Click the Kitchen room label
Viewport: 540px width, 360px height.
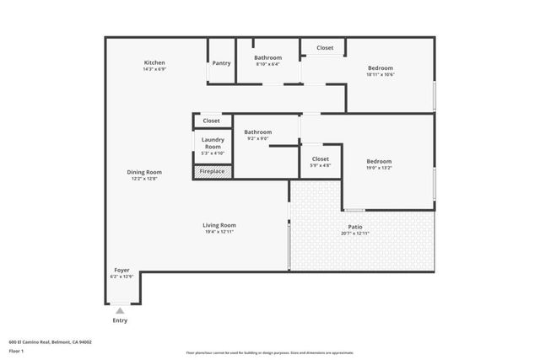pos(154,62)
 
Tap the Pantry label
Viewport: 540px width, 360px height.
pos(221,62)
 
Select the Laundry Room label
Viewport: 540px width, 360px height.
pos(212,142)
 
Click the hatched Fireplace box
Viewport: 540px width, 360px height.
pos(212,171)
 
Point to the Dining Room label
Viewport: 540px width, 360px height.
pos(145,172)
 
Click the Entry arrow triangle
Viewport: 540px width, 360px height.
pos(120,311)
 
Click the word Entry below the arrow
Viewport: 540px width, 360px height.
pos(120,320)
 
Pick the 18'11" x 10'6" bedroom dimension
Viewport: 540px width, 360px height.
pos(380,75)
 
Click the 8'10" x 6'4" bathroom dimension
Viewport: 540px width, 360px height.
pos(267,64)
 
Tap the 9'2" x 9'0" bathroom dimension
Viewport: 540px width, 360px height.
pos(257,139)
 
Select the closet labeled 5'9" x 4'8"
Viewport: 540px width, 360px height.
pos(320,165)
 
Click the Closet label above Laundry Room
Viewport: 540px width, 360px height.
pos(211,121)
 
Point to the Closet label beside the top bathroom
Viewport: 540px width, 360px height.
pos(325,48)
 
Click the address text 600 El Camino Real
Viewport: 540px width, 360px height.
pos(50,341)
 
